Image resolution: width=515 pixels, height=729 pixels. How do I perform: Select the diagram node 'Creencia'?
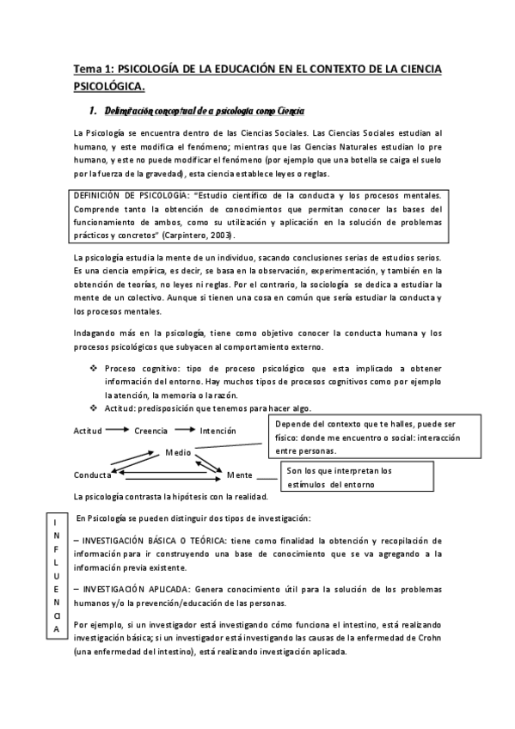click(x=151, y=431)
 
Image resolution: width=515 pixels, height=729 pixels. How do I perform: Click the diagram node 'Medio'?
click(x=179, y=451)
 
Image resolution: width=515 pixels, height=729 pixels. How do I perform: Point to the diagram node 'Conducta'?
click(x=92, y=475)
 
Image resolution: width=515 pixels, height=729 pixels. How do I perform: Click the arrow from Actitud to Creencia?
click(x=119, y=431)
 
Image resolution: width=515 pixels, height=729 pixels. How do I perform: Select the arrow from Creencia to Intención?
click(x=185, y=431)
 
